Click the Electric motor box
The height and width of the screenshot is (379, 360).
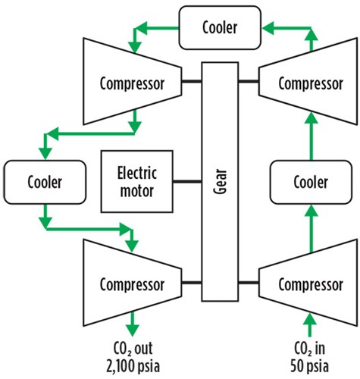point(137,181)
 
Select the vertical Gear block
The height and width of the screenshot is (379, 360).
point(220,182)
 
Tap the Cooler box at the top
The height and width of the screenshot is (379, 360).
point(220,28)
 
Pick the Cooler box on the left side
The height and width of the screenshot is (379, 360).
point(45,182)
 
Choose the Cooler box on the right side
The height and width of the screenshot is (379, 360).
point(311,182)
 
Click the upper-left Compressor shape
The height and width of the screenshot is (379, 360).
point(132,81)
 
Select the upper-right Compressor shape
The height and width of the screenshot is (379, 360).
point(308,81)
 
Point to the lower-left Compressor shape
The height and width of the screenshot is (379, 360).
point(132,283)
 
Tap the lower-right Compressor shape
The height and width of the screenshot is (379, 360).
point(308,283)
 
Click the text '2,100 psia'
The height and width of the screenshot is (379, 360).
point(133,366)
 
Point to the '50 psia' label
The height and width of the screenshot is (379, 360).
point(309,366)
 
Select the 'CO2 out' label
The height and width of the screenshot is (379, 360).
point(133,349)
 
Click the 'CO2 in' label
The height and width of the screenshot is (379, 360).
point(309,349)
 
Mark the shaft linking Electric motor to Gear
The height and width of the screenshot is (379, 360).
point(187,181)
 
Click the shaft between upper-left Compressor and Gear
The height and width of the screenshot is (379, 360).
point(192,81)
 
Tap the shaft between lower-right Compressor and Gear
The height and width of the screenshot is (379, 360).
point(249,283)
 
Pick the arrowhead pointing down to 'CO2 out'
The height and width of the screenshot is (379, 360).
point(133,330)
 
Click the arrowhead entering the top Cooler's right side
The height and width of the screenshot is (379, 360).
point(268,28)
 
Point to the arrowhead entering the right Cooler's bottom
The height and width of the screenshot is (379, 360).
point(311,211)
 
